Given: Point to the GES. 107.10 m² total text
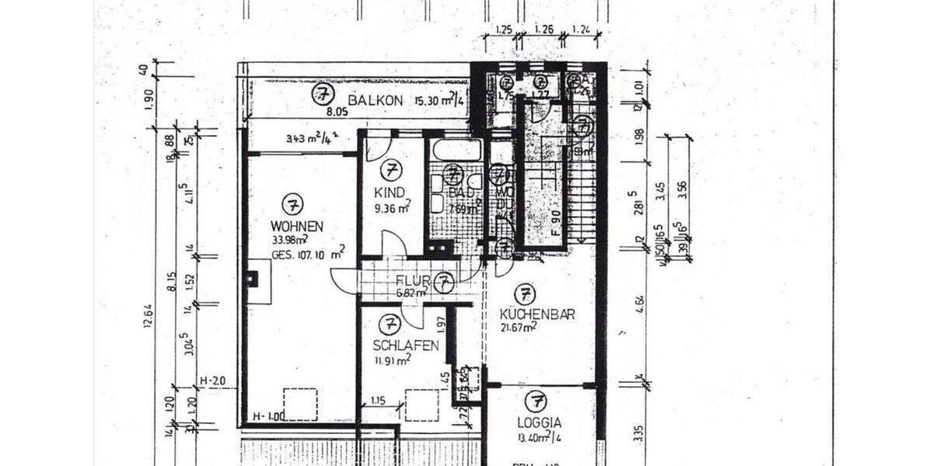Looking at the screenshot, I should [308, 253].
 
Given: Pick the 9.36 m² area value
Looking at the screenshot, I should [392, 208].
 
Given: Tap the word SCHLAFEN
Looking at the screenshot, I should [406, 346].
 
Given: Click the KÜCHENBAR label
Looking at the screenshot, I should [537, 315].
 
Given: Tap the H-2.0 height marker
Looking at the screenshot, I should [211, 381].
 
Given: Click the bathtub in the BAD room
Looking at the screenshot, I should [456, 149].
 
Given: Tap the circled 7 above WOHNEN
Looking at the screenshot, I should [292, 205].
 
